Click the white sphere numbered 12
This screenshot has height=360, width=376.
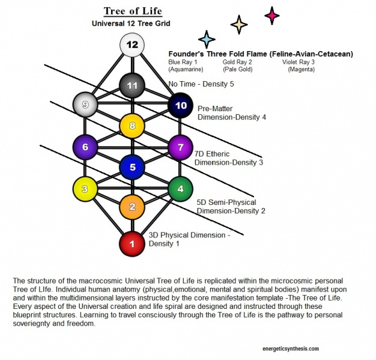[132, 45]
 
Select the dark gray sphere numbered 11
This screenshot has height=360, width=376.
[132, 85]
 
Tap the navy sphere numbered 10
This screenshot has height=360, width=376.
[180, 105]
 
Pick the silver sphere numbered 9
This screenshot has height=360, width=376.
[85, 105]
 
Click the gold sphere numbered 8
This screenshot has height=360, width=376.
[132, 126]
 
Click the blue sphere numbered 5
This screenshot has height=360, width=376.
[132, 167]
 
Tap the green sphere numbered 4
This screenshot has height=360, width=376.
[180, 189]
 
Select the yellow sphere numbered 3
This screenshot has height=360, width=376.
[85, 189]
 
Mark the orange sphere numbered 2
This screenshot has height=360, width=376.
[132, 207]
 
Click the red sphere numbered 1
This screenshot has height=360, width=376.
[132, 245]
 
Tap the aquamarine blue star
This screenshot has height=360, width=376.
[207, 39]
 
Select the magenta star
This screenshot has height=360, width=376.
[272, 14]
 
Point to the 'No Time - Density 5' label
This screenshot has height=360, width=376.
[202, 85]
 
